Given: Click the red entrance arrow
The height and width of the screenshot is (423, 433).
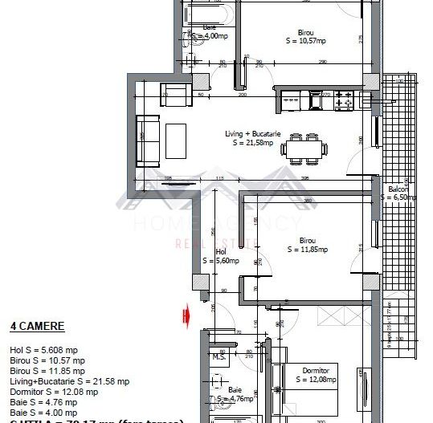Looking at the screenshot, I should [186, 316].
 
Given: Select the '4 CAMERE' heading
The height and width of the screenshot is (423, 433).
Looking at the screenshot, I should [37, 327].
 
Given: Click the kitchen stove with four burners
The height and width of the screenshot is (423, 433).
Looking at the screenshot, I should [344, 101].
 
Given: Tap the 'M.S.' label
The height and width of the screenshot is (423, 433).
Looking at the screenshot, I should [217, 357].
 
